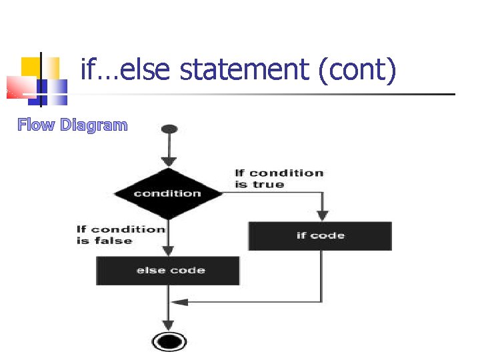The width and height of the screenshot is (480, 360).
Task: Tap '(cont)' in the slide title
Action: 357,69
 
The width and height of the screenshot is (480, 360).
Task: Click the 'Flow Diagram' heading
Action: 72,125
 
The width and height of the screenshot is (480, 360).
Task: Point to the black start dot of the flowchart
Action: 169,128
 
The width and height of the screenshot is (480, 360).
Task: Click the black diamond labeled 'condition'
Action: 168,193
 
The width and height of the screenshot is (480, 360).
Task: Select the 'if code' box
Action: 320,235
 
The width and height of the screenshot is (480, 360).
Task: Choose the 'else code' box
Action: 168,271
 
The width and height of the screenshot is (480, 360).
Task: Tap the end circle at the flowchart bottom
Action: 169,342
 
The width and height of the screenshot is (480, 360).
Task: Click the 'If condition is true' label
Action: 279,179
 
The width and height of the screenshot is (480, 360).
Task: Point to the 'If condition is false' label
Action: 121,235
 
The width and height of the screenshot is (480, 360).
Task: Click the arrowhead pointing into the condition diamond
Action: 169,161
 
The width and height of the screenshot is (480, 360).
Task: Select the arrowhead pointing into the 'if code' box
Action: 322,215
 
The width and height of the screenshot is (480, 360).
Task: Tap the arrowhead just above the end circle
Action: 169,323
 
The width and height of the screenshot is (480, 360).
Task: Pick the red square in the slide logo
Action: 20,87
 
